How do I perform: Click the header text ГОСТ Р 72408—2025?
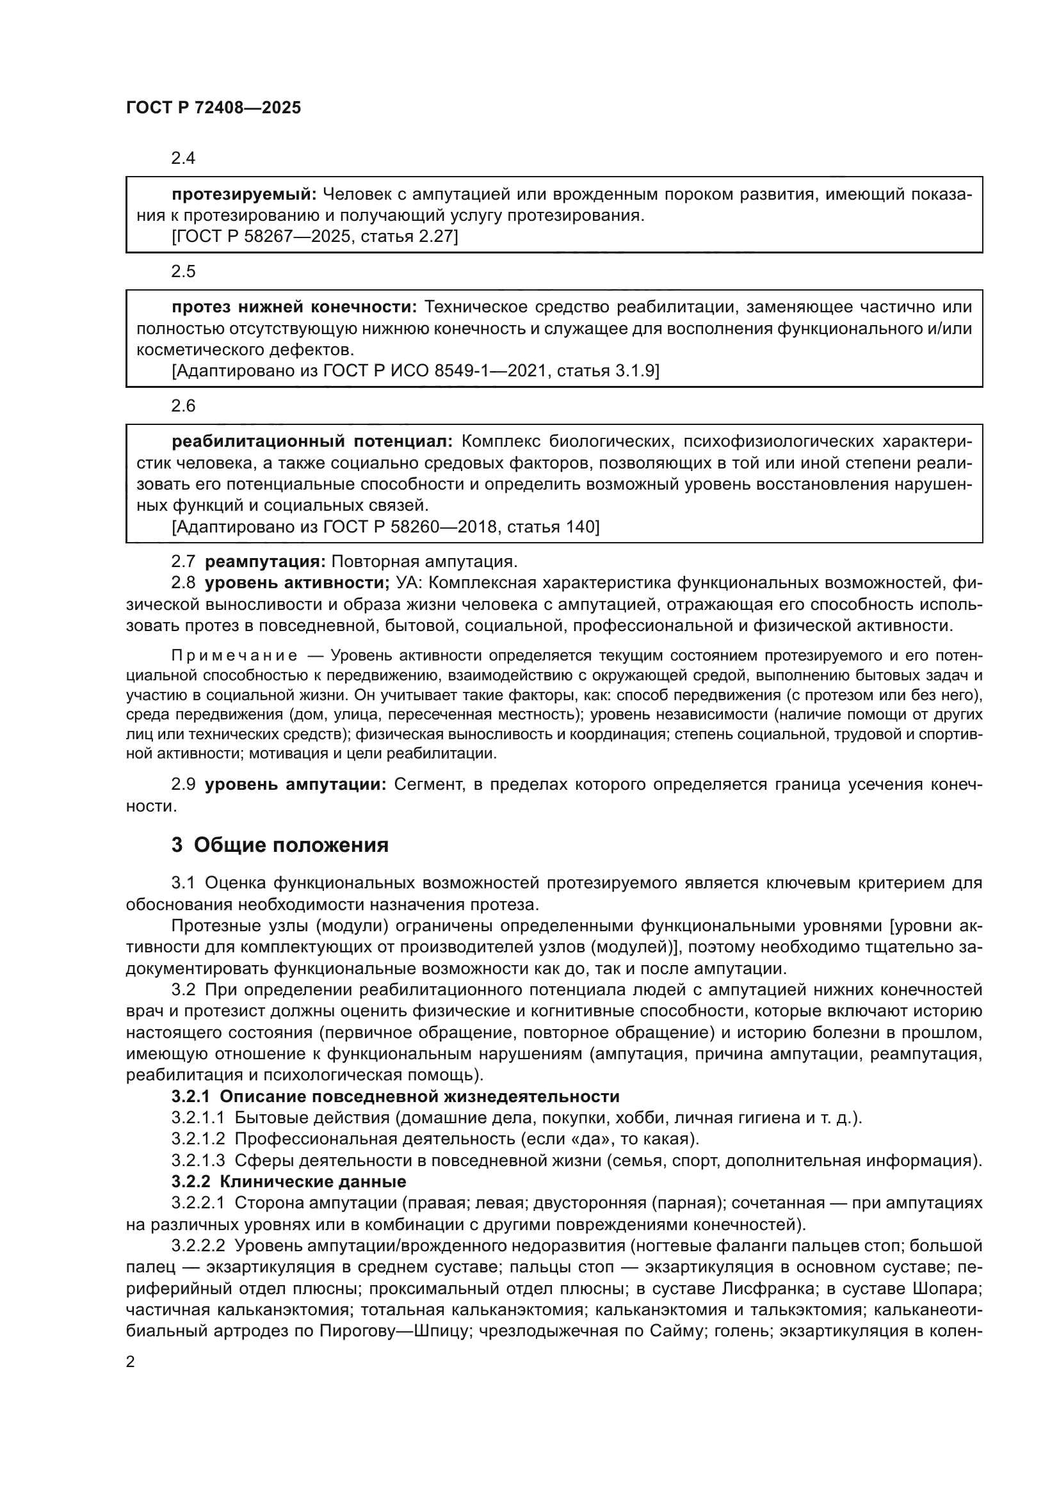click(213, 108)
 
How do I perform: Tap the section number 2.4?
click(183, 159)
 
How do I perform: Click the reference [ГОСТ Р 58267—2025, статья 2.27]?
click(315, 237)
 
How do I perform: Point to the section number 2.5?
click(183, 271)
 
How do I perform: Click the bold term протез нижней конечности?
click(294, 307)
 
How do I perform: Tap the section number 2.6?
click(183, 406)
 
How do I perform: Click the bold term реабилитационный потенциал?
click(312, 442)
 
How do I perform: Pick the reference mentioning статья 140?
click(385, 527)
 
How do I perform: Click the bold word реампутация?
click(265, 561)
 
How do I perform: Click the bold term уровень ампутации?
click(296, 785)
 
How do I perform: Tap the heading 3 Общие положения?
click(280, 845)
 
